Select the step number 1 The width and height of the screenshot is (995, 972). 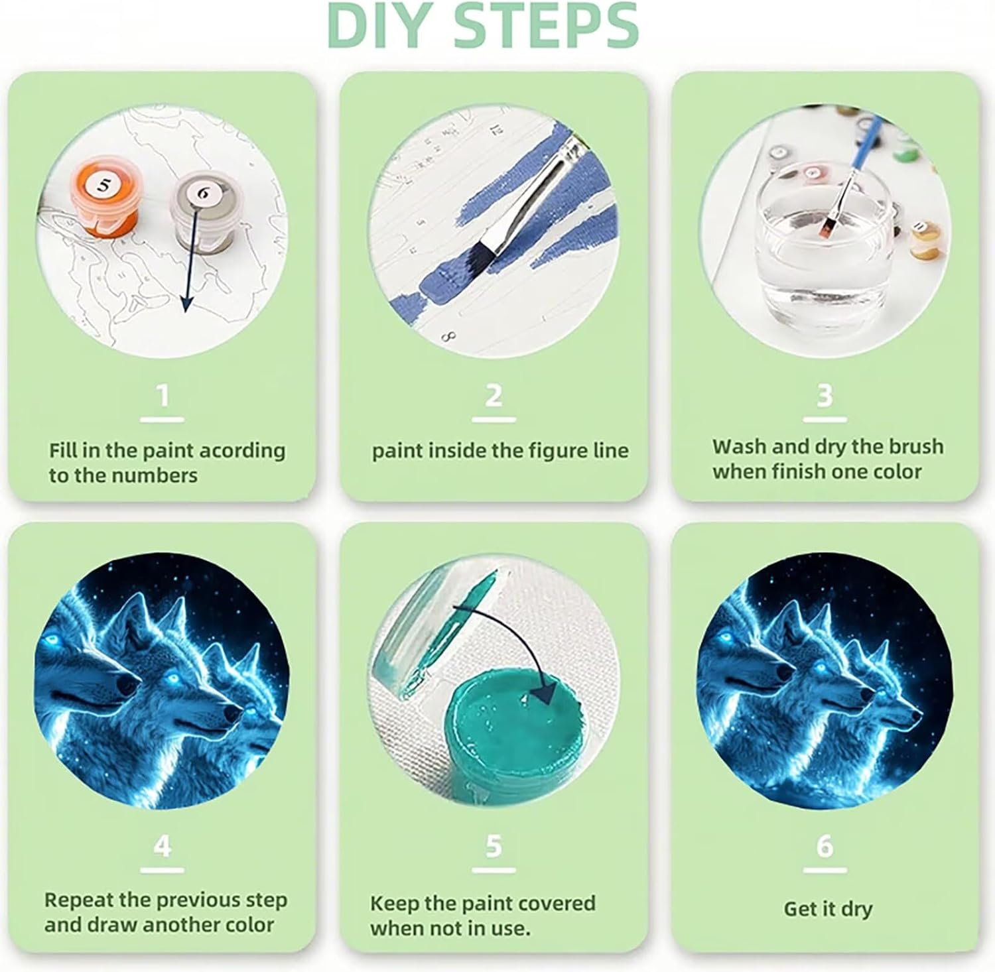pyautogui.click(x=163, y=396)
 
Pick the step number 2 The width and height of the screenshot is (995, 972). pyautogui.click(x=494, y=396)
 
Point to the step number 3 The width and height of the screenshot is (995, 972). pyautogui.click(x=825, y=396)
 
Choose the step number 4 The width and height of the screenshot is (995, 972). pyautogui.click(x=163, y=847)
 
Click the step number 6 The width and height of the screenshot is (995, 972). pyautogui.click(x=825, y=847)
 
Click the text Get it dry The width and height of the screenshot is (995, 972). pyautogui.click(x=828, y=909)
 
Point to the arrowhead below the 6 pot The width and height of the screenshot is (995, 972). pyautogui.click(x=186, y=303)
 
